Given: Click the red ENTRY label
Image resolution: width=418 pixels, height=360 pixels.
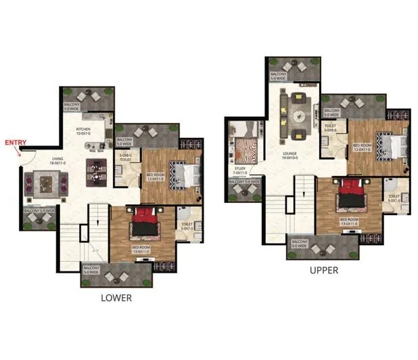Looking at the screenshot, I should pos(16,142).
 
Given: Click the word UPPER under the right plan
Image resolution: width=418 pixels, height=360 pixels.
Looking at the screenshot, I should pos(324,270).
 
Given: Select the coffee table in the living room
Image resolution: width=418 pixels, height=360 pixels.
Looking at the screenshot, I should pos(45,183).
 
